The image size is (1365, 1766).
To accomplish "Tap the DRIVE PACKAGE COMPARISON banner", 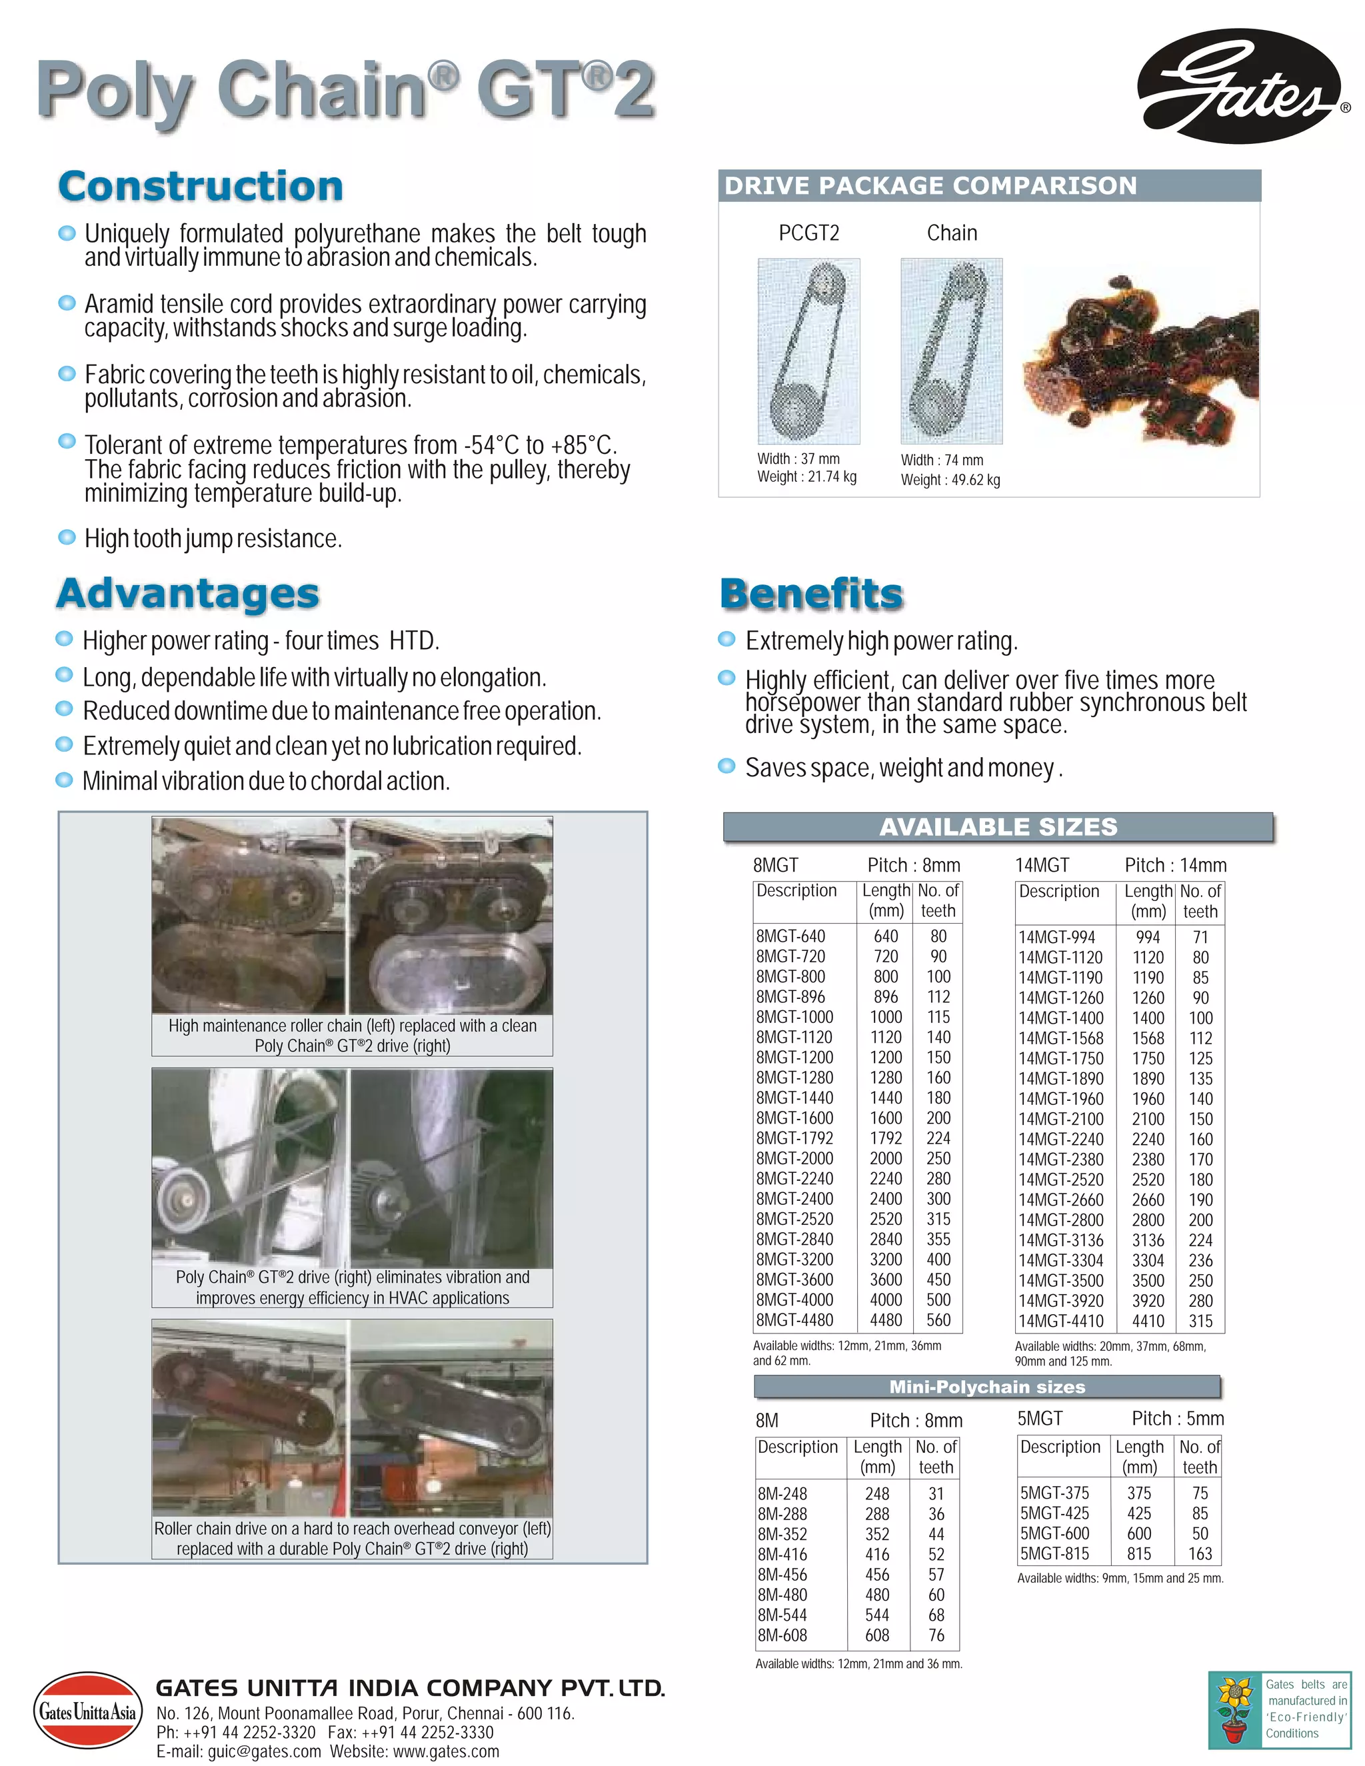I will (988, 186).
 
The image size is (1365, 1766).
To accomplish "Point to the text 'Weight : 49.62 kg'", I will (950, 480).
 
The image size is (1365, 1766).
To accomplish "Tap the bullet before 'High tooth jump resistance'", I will (67, 538).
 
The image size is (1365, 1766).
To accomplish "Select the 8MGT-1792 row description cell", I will (794, 1138).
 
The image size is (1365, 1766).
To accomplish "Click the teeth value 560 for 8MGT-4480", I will (938, 1320).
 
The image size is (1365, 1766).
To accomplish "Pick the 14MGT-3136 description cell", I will (1060, 1240).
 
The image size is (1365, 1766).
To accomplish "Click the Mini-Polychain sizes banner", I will (986, 1387).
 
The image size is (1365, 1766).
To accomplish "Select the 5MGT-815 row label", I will (1054, 1553).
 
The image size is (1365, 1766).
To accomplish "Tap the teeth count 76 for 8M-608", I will (936, 1635).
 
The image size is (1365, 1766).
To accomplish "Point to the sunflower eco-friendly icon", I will (1234, 1709).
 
